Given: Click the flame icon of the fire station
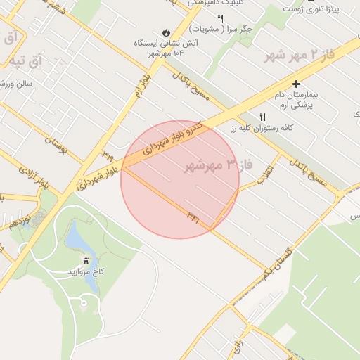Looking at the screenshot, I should click(166, 32).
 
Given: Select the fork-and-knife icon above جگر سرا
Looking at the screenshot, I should click(220, 18).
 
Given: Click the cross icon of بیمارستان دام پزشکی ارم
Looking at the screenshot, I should click(296, 84).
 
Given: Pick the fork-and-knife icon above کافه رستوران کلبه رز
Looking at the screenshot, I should click(264, 117).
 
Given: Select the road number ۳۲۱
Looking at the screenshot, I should click(193, 217).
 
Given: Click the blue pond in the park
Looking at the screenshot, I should click(78, 240).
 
